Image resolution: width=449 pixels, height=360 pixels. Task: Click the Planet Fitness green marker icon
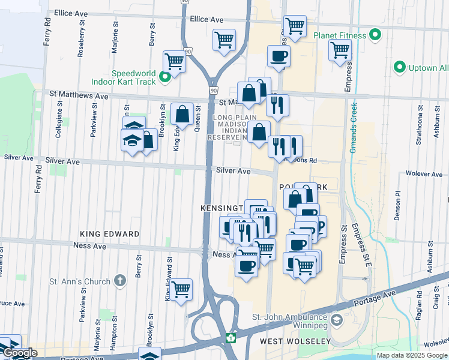coord(376,35)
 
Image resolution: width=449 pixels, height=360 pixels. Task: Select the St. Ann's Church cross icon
coord(120,281)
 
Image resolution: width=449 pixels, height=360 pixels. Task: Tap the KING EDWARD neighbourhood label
coord(109,234)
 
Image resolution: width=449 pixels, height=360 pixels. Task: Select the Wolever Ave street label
coord(424,173)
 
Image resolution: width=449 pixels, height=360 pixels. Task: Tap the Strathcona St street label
coord(418,127)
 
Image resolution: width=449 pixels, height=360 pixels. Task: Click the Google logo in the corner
coord(20,353)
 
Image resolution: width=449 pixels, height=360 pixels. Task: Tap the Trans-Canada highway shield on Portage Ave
coord(229,338)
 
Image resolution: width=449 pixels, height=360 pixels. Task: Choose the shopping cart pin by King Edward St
coord(181,290)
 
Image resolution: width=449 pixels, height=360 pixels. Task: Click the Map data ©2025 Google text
coord(412,355)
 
